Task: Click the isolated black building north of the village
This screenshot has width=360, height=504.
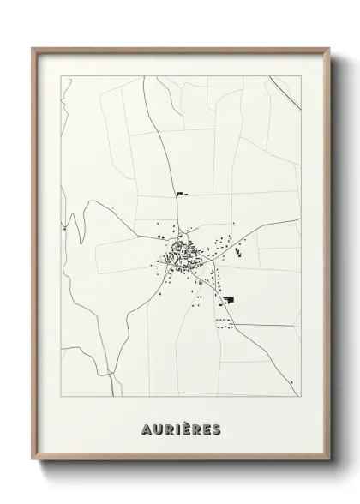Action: click(180, 195)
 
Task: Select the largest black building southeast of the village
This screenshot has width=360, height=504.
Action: click(229, 299)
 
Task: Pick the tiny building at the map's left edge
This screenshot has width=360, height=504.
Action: click(63, 230)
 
